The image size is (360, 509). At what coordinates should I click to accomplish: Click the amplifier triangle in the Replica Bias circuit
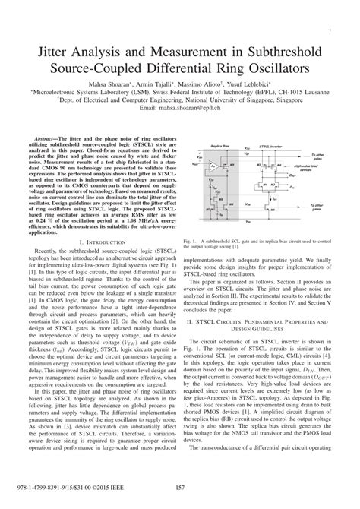(x=214, y=165)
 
